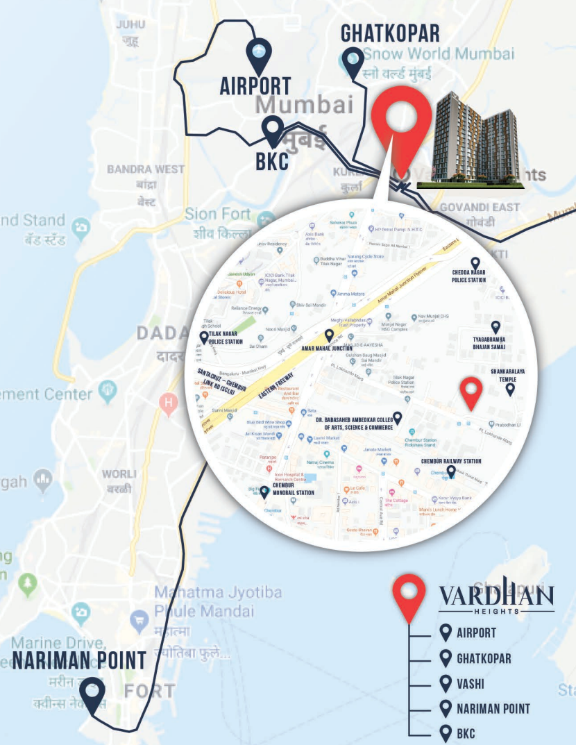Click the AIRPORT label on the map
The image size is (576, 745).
coord(255,86)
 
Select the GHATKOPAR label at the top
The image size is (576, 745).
coord(390,33)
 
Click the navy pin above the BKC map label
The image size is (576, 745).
coord(273,130)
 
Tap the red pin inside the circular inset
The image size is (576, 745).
coord(472,392)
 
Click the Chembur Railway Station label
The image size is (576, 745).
coord(450,461)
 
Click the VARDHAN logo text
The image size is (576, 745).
coord(495,596)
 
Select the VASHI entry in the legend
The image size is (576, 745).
coord(471,684)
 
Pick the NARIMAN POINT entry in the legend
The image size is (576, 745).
coord(493,709)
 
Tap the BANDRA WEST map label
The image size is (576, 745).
coord(146,169)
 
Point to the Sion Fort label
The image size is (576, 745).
coord(218,214)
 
